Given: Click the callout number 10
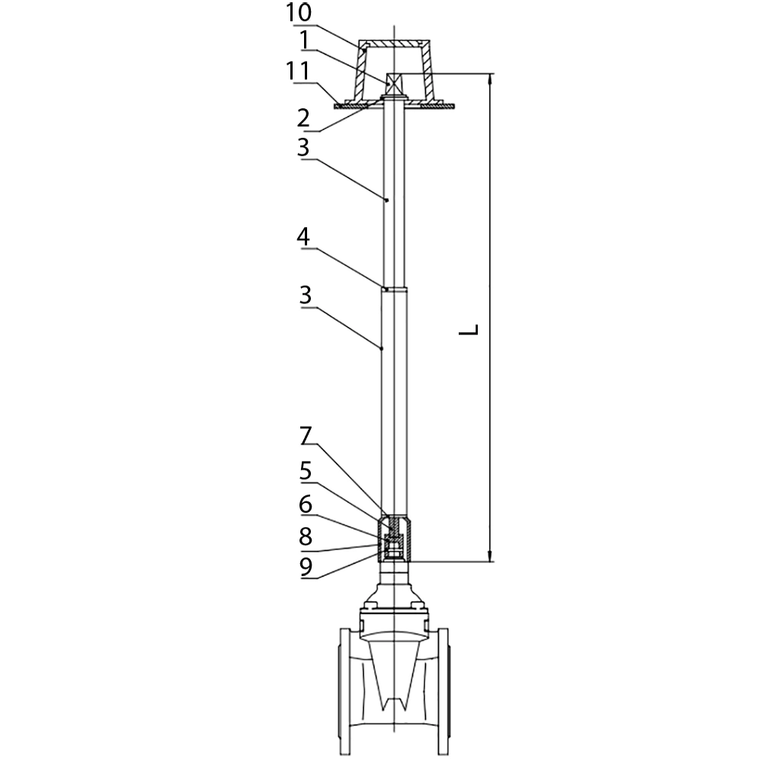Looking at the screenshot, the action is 299,13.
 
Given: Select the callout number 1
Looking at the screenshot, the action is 305,40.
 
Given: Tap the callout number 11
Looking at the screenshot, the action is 297,71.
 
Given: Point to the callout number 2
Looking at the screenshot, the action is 304,118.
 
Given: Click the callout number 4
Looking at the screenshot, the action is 304,237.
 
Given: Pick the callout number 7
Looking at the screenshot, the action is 306,436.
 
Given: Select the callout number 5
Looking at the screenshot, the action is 306,471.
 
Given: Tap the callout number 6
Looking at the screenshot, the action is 306,504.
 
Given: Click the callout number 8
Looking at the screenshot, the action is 306,537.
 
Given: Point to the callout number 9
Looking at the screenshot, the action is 306,567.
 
